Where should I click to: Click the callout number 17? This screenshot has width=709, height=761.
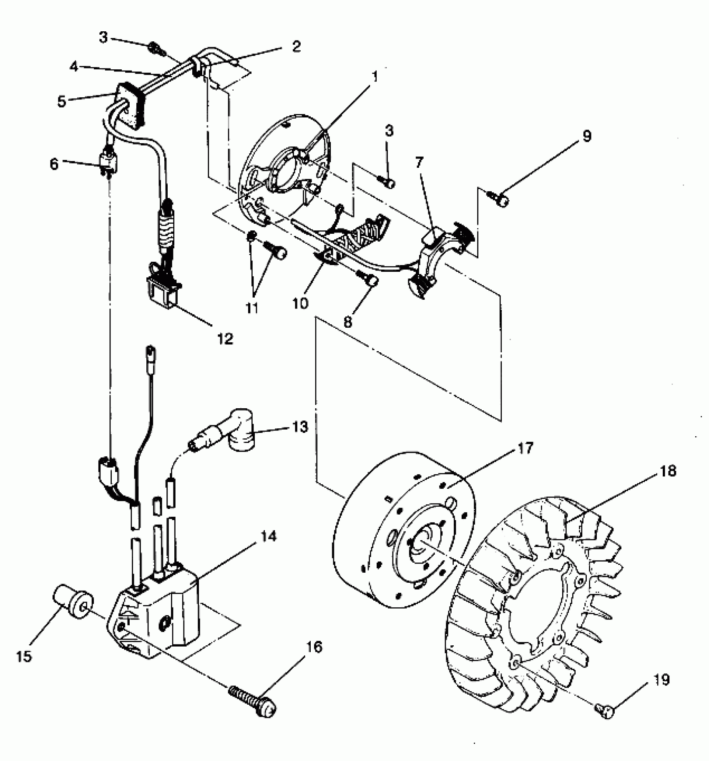tap(525, 449)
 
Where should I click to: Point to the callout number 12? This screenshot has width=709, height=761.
tap(225, 339)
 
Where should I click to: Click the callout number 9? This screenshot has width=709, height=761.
tap(587, 136)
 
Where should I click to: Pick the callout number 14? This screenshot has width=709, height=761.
tap(269, 536)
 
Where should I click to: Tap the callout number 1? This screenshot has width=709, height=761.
tap(374, 77)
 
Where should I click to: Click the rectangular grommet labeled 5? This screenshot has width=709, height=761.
tap(131, 105)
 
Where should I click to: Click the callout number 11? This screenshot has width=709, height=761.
tap(251, 309)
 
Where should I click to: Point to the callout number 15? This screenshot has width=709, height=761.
tap(24, 656)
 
